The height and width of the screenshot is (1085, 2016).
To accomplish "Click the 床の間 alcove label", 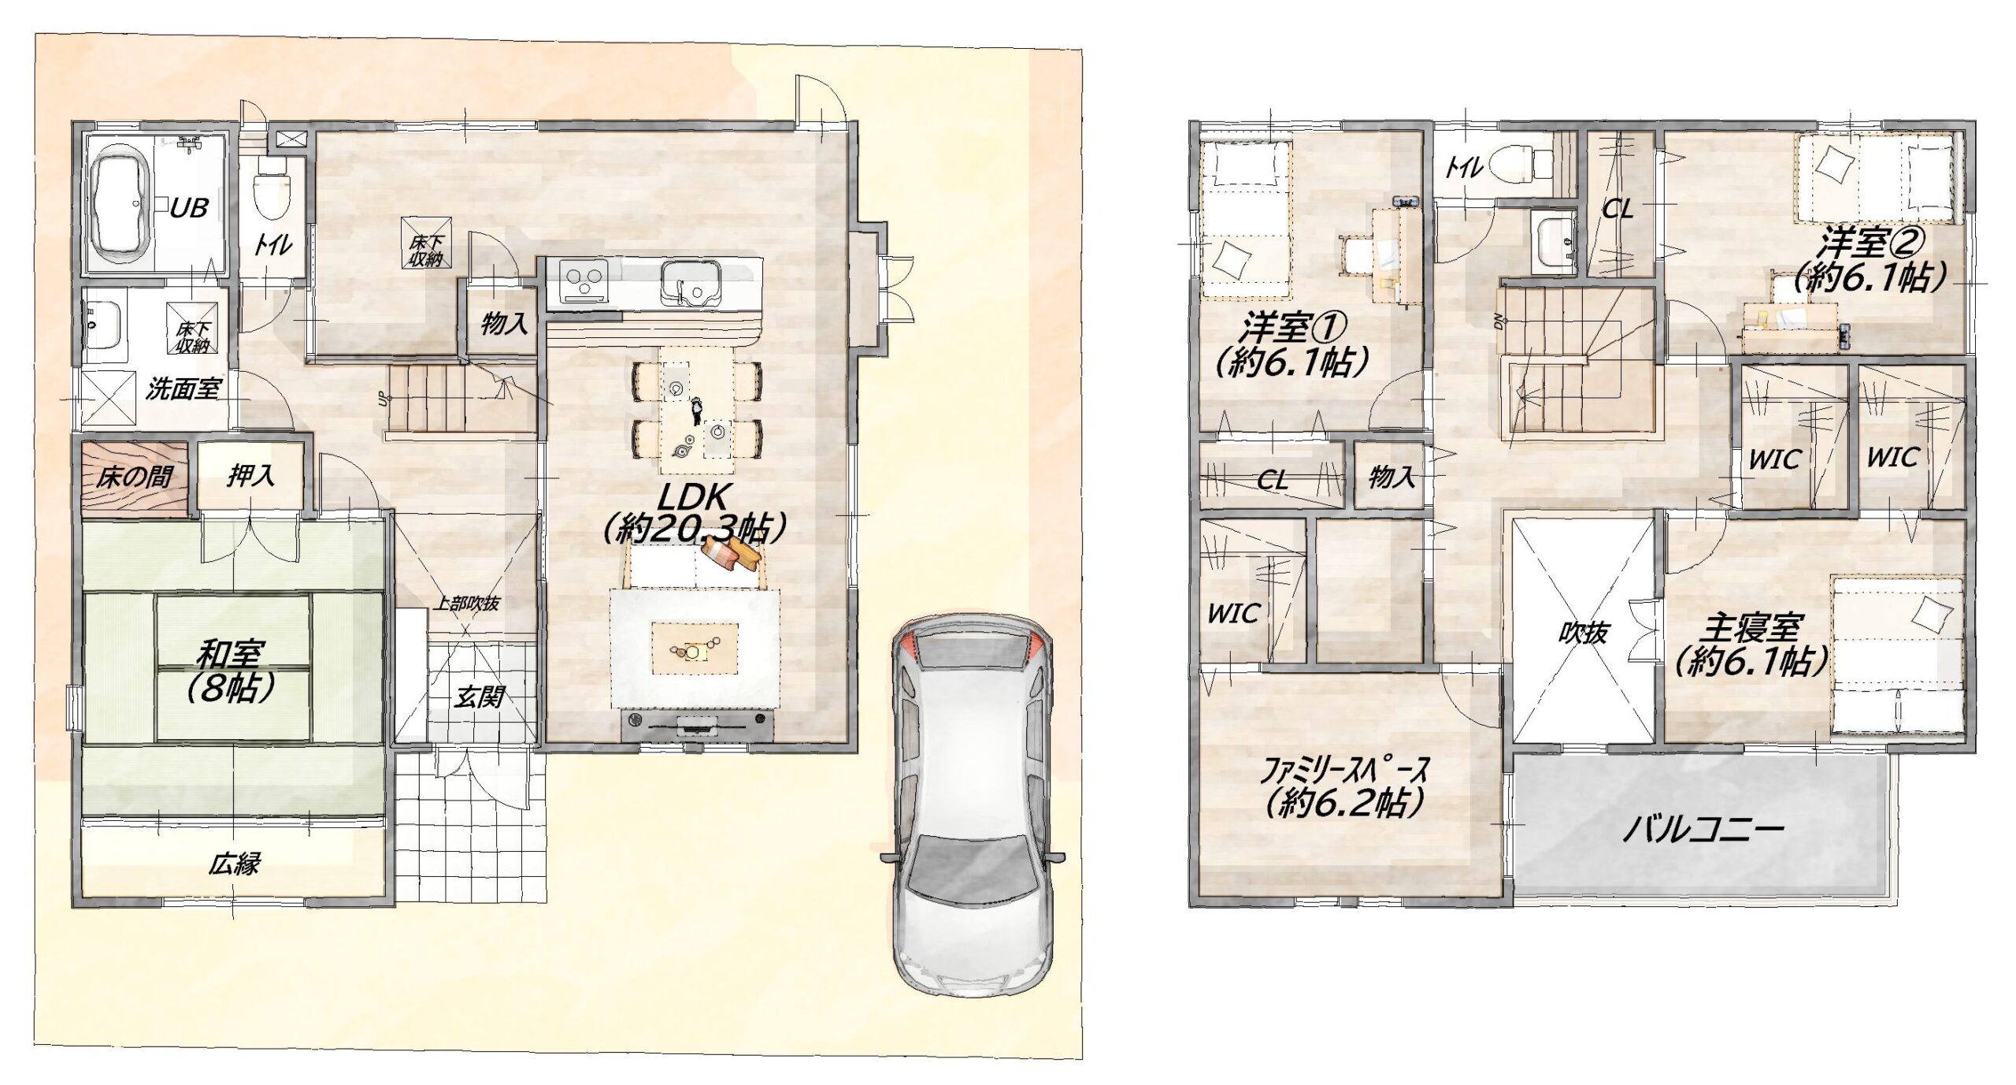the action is point(135,477).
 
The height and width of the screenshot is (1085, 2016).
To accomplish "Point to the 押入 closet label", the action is point(251,475).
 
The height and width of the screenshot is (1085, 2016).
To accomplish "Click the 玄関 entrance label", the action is point(478,697).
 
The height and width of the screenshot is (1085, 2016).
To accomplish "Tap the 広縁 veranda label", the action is point(234,864).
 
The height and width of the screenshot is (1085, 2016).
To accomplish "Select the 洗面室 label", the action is point(183,388).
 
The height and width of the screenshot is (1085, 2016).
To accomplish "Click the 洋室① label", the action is point(1295,326).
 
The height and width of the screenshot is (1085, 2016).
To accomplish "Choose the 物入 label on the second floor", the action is point(1392,476).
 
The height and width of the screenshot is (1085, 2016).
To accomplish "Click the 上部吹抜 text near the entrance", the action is point(466,604).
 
